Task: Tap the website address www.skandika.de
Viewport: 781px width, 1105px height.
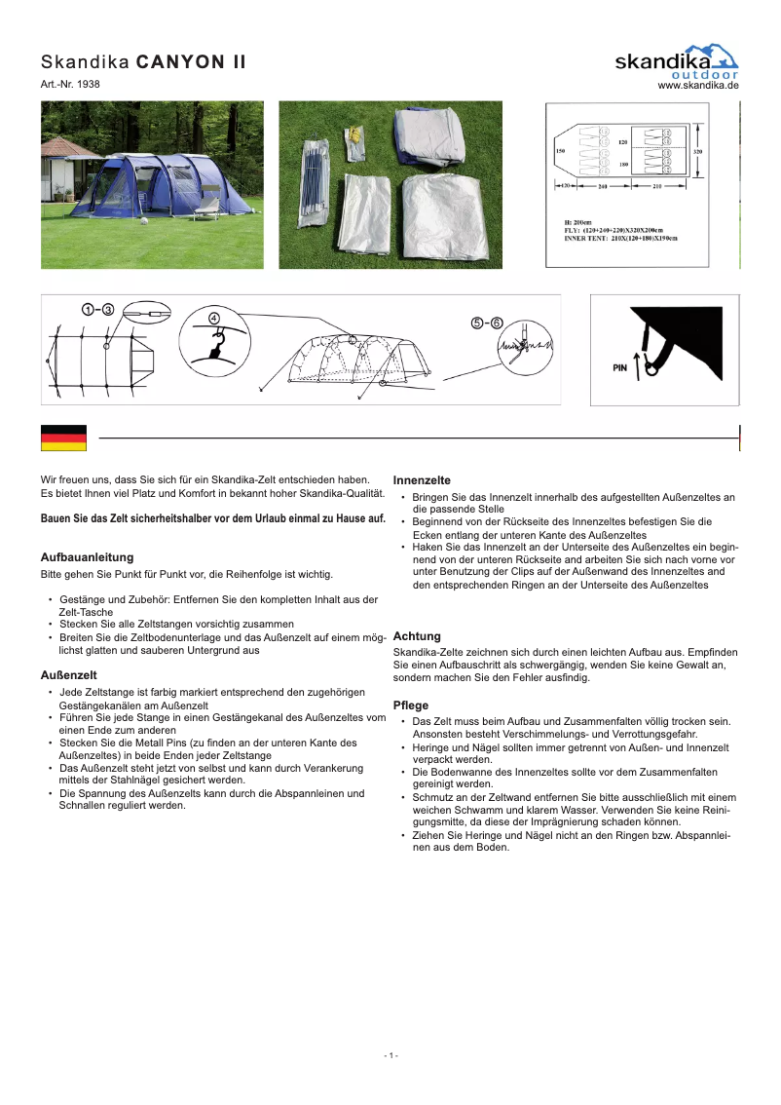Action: [698, 85]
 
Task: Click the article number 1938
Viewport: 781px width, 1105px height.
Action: [88, 84]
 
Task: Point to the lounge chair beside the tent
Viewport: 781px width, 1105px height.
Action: [206, 206]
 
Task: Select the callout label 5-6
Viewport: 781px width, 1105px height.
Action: [486, 324]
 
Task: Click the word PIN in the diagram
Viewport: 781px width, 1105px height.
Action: [619, 369]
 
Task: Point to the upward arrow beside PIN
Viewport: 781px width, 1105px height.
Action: [637, 365]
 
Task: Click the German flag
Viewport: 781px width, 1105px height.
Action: [63, 438]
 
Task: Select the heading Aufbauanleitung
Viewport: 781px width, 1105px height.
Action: [87, 557]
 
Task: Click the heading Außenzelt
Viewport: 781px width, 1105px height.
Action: [67, 674]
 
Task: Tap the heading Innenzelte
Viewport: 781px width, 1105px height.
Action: [421, 480]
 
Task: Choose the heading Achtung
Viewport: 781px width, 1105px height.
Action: [416, 635]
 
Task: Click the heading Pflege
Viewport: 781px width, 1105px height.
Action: [410, 705]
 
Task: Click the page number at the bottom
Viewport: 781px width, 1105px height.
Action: [390, 1055]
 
